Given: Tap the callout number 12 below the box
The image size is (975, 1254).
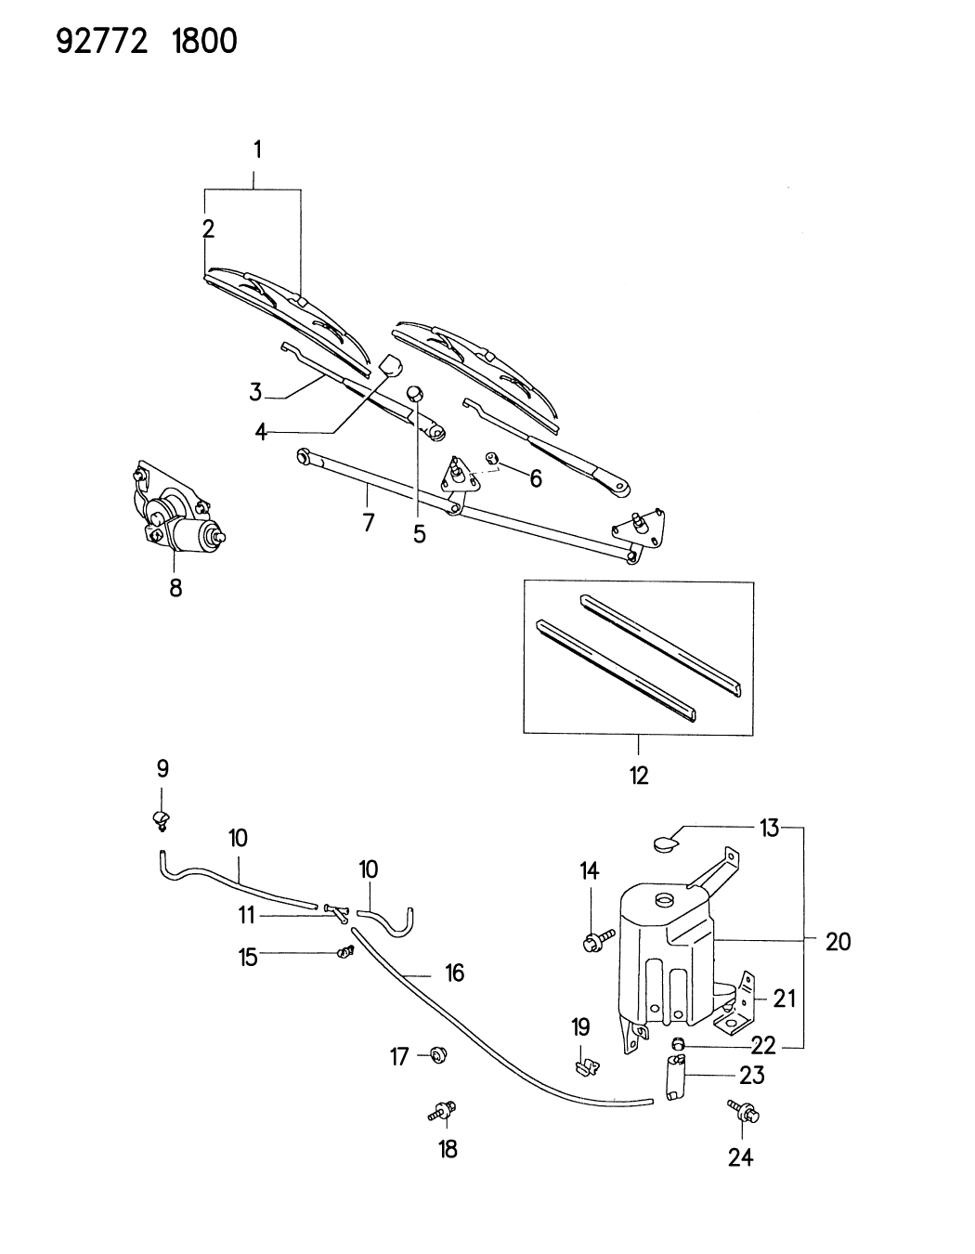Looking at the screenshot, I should coord(639,775).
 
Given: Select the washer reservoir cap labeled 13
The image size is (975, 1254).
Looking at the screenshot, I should coord(662,843).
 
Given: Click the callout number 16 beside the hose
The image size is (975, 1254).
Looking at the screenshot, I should coord(454,973).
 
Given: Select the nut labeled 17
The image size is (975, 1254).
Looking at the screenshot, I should coord(435,1054).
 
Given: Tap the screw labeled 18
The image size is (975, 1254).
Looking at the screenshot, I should coord(443,1109).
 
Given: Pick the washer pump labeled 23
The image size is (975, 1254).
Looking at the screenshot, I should coord(674,1078).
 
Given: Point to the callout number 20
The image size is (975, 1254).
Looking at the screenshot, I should coord(838,941).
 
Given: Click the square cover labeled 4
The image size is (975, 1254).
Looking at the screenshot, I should coord(388,365).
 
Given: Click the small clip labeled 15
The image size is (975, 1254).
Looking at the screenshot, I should coord(346,951).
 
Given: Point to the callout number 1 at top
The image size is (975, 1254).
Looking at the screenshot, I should coord(257,149).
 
